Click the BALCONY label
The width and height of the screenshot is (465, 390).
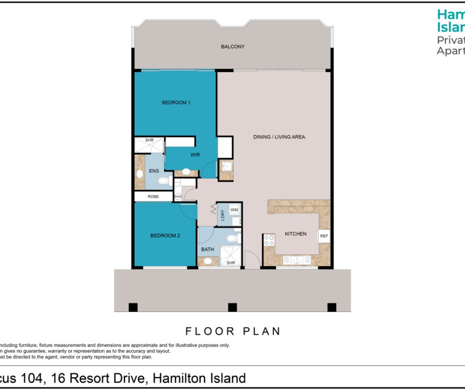233,47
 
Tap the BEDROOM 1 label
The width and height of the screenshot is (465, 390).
176,102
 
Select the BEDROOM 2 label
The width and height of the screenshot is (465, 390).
164,236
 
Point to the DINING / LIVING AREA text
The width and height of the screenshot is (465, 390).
279,137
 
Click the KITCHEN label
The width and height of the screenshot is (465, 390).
295,234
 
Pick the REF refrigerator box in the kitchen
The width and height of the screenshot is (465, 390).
323,236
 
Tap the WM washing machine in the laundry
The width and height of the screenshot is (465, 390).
234,210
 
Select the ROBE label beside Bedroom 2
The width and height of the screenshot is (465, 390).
153,197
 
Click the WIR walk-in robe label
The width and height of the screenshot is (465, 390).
195,155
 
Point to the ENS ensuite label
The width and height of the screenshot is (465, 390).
154,171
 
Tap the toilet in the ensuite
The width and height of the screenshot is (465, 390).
164,182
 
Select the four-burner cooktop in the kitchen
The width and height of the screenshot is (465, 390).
269,240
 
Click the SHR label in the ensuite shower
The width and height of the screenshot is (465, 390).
149,140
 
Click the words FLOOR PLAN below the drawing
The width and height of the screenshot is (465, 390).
233,331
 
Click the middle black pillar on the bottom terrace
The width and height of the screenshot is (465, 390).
233,307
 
